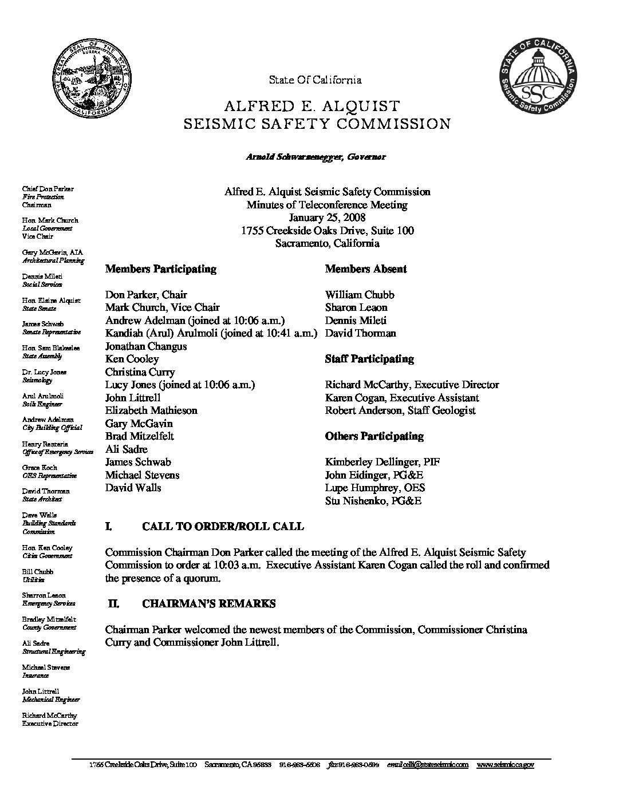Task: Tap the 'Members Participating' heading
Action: pos(161,269)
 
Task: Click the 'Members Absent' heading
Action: pos(366,269)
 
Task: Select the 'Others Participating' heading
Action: pos(374,436)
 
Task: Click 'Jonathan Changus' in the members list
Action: pos(146,346)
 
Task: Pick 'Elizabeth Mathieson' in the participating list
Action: pos(151,410)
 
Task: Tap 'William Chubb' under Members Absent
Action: pos(360,295)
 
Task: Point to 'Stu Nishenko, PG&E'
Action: pos(373,501)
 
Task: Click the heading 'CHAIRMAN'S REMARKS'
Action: pos(209,603)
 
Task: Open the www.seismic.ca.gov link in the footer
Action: pos(505,765)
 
